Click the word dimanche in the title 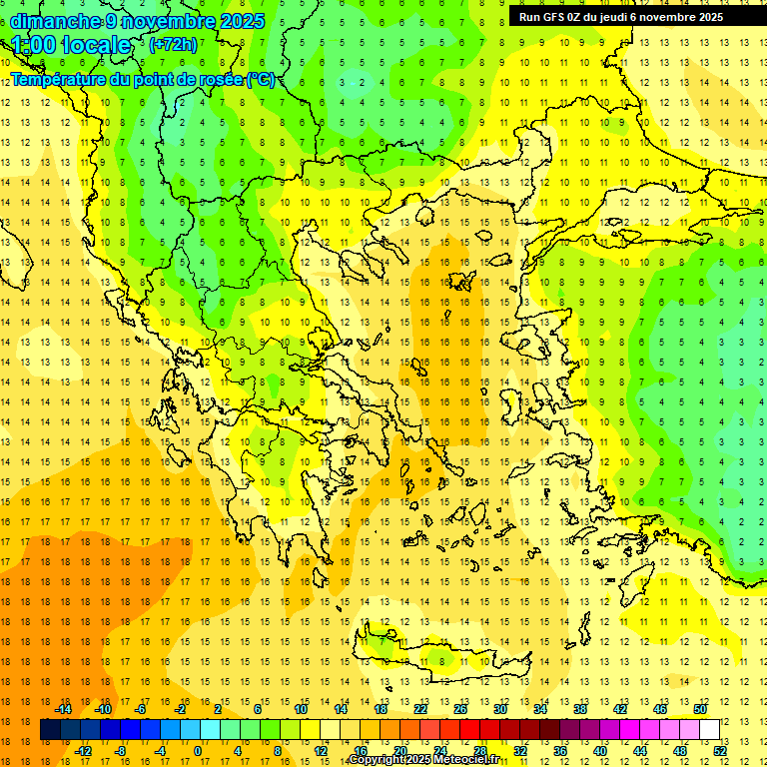pos(54,21)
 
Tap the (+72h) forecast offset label pos(173,44)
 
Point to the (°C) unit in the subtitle pos(259,79)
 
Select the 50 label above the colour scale pos(700,709)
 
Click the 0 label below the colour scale pos(197,751)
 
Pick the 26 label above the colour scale pos(460,709)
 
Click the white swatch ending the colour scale pos(709,730)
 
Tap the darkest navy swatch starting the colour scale pos(50,730)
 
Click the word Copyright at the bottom pos(383,760)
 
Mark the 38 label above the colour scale pos(580,709)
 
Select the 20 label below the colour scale pos(400,751)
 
